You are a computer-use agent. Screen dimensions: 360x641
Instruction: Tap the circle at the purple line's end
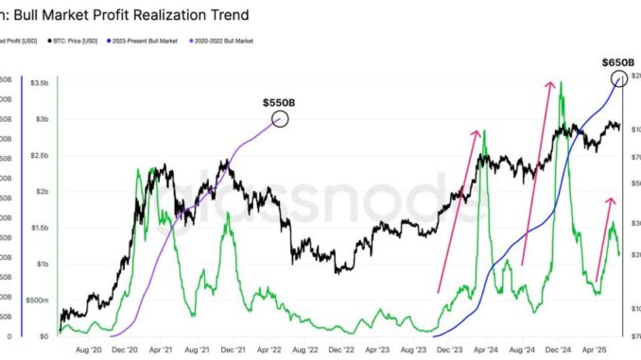tap(280, 118)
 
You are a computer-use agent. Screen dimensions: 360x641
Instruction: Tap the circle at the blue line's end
tap(619, 78)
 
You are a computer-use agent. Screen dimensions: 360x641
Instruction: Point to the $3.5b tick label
tap(42, 84)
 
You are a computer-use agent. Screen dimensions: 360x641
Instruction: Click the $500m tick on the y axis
tap(41, 300)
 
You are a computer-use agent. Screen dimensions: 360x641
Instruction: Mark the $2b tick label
tap(44, 192)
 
